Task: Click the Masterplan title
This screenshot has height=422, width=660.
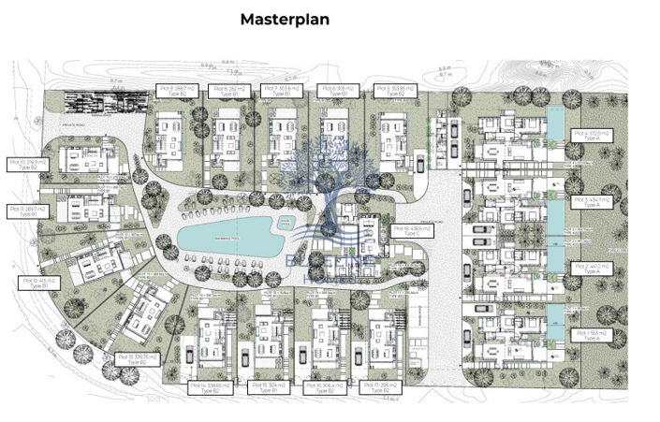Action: coord(285,18)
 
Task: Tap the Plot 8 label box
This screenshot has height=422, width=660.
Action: coord(227,92)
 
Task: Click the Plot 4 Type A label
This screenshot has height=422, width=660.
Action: coord(591,137)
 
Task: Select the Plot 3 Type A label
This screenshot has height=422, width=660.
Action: coord(591,202)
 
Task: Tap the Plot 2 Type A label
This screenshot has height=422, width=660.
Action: coord(591,269)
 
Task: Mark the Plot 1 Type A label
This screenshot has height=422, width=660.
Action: coord(591,335)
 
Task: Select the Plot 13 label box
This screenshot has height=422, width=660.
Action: coord(135,359)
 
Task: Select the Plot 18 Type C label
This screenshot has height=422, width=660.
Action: coord(408,231)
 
